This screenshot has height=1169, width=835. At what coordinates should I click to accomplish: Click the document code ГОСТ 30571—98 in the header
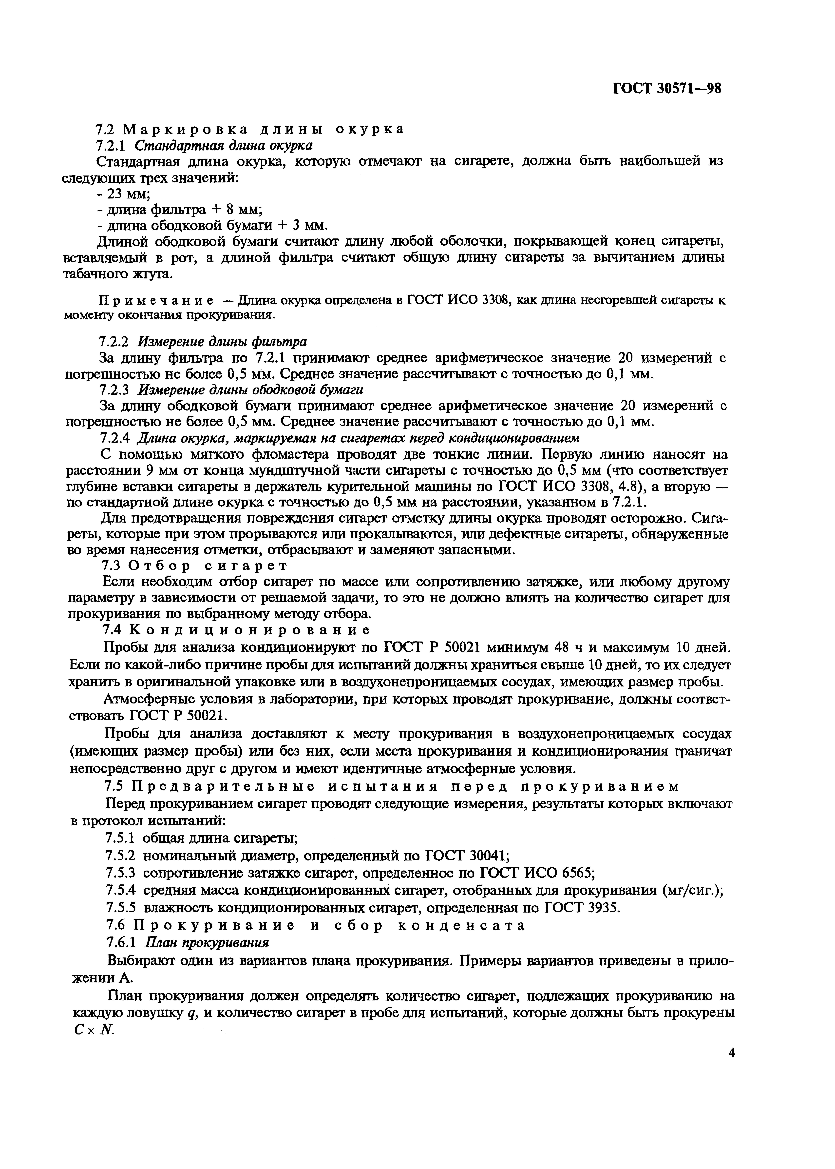tap(667, 89)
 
